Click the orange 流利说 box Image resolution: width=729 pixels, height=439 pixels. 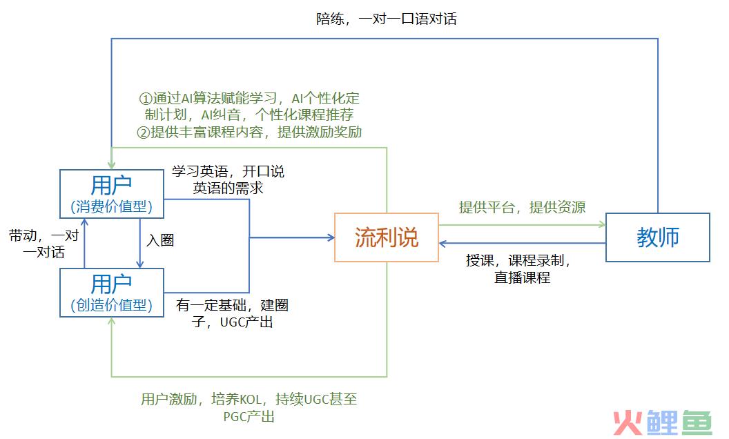(387, 237)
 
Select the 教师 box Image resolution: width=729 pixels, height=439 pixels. (657, 237)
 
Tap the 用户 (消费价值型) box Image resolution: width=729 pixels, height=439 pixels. (112, 193)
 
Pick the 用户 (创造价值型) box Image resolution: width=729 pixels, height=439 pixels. (112, 293)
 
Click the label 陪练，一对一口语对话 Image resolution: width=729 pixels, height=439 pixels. (387, 19)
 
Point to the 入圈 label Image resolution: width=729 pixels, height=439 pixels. (160, 240)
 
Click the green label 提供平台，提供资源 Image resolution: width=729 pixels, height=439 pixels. (522, 207)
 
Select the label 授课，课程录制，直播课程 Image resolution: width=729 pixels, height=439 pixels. (519, 269)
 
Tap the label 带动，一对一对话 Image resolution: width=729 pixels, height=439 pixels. (43, 244)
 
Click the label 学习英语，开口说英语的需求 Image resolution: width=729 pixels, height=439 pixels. (228, 179)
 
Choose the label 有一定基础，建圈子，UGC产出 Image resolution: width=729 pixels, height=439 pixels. (232, 313)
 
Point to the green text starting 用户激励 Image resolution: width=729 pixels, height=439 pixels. (249, 407)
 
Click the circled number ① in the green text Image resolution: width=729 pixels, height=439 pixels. (146, 99)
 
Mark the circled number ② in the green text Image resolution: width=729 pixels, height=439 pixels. (143, 133)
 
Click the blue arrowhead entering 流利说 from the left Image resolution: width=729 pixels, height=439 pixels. (331, 237)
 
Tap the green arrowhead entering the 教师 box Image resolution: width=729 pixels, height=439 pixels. (602, 224)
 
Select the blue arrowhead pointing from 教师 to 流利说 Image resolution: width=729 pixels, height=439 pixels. (443, 243)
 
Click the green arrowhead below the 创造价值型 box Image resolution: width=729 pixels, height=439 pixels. (112, 322)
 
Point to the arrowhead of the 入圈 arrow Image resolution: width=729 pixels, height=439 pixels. (140, 264)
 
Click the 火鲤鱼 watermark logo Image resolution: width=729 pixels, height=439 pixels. (663, 422)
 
